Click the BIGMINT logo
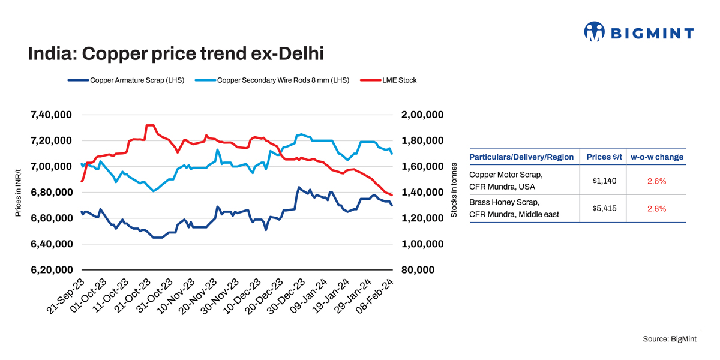pyautogui.click(x=638, y=32)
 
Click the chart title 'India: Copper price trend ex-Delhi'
pyautogui.click(x=176, y=55)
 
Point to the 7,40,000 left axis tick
pyautogui.click(x=50, y=115)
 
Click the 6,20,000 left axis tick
pyautogui.click(x=50, y=270)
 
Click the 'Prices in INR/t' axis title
pyautogui.click(x=19, y=192)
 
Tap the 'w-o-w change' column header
pyautogui.click(x=656, y=157)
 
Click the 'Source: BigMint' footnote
pyautogui.click(x=670, y=339)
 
